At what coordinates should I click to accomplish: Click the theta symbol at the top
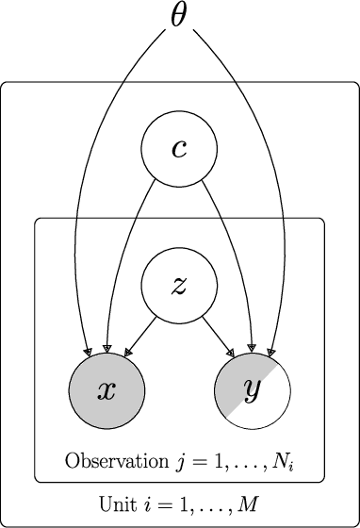[x=180, y=17]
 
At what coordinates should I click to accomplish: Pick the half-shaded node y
[x=252, y=391]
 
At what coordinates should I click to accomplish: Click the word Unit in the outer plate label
[x=117, y=503]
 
